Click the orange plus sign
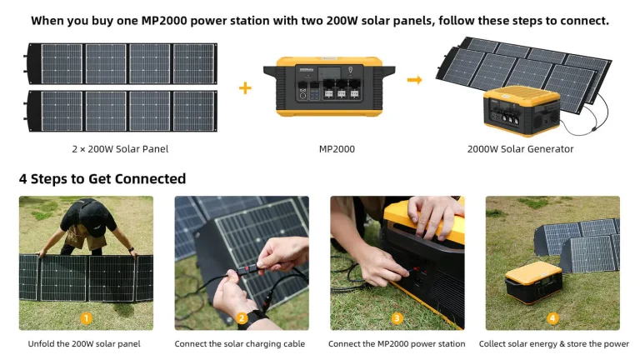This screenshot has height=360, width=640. pyautogui.click(x=245, y=87)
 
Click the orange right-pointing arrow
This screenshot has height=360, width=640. pyautogui.click(x=414, y=80)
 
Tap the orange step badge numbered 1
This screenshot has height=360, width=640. pyautogui.click(x=87, y=317)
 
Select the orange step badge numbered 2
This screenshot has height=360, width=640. pyautogui.click(x=242, y=317)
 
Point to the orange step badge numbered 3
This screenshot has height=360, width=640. pyautogui.click(x=397, y=317)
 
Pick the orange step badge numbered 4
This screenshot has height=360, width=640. pyautogui.click(x=552, y=317)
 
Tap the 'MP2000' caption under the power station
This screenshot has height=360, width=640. pyautogui.click(x=337, y=149)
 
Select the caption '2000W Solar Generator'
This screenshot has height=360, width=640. pyautogui.click(x=521, y=149)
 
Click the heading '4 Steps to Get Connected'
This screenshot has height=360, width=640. pyautogui.click(x=102, y=179)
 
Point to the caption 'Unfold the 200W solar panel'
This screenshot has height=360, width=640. pyautogui.click(x=84, y=343)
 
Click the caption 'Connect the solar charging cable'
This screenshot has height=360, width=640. pyautogui.click(x=240, y=343)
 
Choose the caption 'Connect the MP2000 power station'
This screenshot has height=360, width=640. pyautogui.click(x=397, y=343)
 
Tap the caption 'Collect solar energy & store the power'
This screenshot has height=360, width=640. pyautogui.click(x=553, y=343)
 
